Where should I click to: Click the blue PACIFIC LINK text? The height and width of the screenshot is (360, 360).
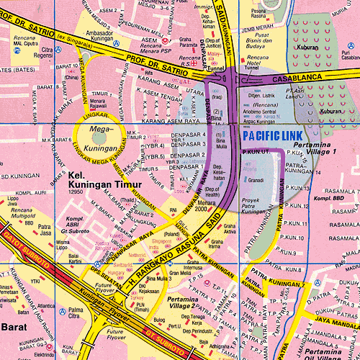coord(273,135)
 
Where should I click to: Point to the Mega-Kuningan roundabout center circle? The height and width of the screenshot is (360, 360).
coord(96,135)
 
